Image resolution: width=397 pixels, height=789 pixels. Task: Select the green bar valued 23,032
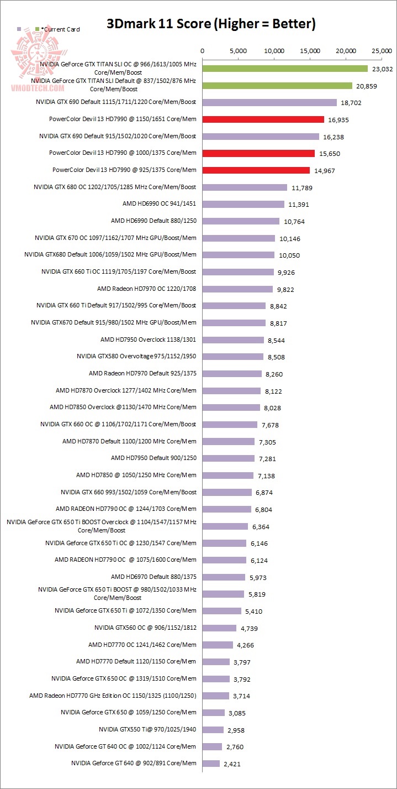[285, 69]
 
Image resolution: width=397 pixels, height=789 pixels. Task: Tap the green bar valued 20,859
[277, 86]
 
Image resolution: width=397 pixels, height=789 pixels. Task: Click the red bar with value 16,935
[263, 119]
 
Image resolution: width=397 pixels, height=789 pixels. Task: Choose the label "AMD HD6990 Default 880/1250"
[153, 221]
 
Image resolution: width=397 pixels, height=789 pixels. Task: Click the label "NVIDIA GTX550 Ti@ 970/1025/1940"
[147, 729]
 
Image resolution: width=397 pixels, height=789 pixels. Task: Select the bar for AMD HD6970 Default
[224, 577]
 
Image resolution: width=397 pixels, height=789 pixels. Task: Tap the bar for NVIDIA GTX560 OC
[219, 628]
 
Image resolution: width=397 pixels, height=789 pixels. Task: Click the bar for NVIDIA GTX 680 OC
[245, 187]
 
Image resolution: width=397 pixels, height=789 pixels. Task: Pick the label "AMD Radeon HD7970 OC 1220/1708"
[146, 289]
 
